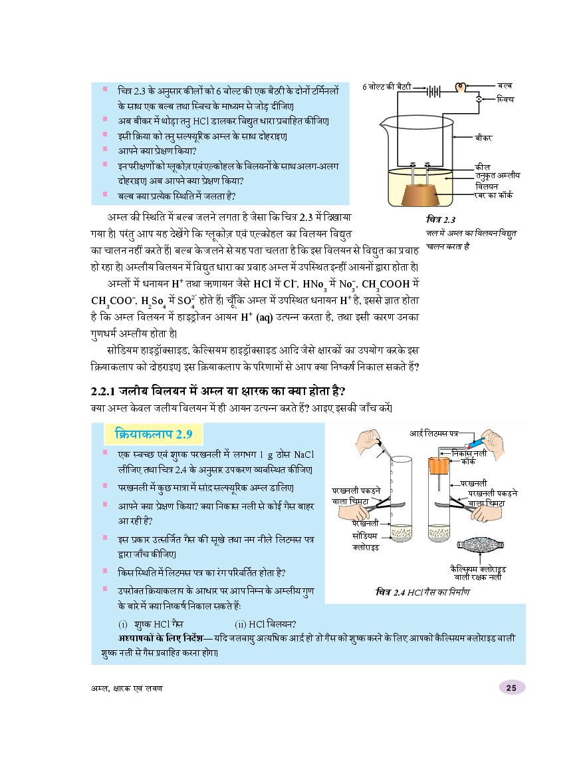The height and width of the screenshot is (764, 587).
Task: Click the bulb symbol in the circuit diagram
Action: click(x=459, y=87)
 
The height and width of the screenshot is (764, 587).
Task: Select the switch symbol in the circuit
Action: click(x=479, y=99)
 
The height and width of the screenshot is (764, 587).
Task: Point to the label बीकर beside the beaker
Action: click(x=484, y=137)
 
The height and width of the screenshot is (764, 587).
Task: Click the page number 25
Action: click(x=511, y=687)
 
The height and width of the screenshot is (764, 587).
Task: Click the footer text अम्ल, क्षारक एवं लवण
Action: click(x=126, y=687)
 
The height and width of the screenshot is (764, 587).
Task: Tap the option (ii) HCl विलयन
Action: click(x=265, y=624)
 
